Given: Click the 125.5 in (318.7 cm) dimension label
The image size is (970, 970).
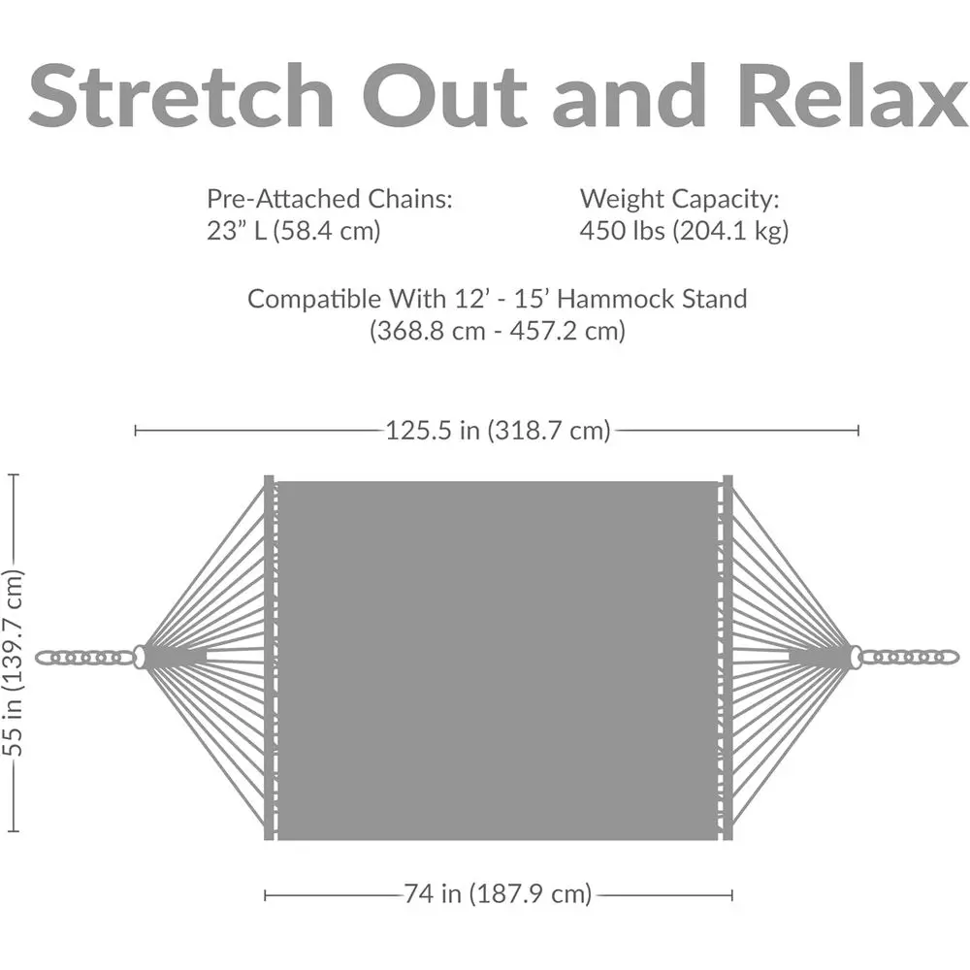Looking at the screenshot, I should (x=498, y=430).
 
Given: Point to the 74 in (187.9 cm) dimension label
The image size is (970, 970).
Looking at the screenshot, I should (x=498, y=893).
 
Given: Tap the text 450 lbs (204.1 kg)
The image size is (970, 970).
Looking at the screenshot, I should (x=684, y=231).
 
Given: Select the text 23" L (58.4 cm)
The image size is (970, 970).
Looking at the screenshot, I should (x=293, y=231).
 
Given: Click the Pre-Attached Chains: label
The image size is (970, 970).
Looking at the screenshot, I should (x=330, y=200).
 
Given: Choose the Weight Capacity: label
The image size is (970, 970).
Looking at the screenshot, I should (x=680, y=200).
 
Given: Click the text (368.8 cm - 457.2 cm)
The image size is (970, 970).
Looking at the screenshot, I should (x=498, y=331).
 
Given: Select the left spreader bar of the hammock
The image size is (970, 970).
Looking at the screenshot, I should (x=269, y=658).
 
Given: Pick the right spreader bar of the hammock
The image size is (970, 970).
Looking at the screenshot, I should (x=727, y=658).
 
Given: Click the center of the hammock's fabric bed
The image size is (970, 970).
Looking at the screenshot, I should (x=498, y=660).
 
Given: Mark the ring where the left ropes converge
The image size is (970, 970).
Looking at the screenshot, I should (x=142, y=658).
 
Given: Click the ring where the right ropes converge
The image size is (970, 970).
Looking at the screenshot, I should (x=855, y=658).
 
